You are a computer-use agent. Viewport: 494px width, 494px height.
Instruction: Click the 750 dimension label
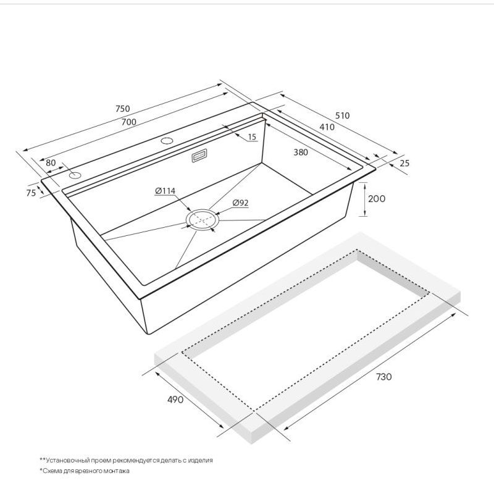[x=122, y=109]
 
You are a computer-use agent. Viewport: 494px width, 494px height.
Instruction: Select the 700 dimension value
[x=129, y=122]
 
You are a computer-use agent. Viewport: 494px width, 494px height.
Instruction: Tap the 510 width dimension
[x=342, y=115]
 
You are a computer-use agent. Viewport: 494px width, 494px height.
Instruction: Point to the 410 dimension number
[x=327, y=127]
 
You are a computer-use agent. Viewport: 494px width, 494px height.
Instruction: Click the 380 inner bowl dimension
[x=301, y=152]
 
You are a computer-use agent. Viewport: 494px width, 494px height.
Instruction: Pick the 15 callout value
[x=252, y=137]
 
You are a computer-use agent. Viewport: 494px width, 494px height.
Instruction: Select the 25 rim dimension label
[x=404, y=163]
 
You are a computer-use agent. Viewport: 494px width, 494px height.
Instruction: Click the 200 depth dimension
[x=377, y=199]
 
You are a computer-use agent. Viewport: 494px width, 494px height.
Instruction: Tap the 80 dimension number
[x=51, y=162]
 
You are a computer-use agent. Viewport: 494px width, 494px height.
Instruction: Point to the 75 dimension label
[x=31, y=193]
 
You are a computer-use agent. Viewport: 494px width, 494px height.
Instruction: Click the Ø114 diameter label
[x=165, y=191]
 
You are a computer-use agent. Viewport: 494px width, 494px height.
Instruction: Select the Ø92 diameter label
[x=240, y=203]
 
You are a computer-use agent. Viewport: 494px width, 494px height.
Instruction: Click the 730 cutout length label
[x=383, y=377]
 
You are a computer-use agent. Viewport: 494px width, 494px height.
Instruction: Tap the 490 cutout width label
[x=175, y=400]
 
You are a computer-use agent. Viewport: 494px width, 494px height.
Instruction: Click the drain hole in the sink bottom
[x=202, y=219]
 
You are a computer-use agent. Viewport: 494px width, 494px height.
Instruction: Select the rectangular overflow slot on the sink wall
[x=199, y=156]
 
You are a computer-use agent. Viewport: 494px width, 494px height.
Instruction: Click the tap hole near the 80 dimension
[x=75, y=175]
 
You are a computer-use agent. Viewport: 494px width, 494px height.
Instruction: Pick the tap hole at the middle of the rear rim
[x=167, y=141]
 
